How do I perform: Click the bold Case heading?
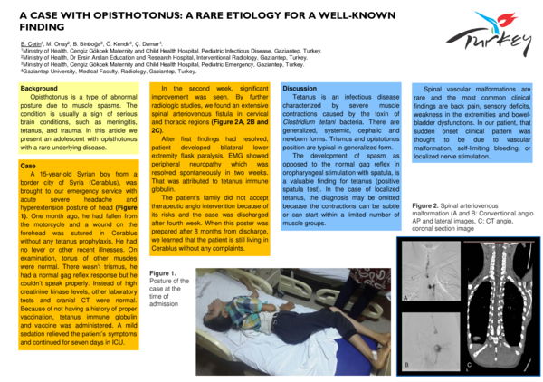tap(27, 166)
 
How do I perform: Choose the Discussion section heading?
tap(300, 88)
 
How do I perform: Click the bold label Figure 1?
tap(163, 272)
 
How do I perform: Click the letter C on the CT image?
tap(470, 365)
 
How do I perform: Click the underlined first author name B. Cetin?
tap(33, 44)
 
